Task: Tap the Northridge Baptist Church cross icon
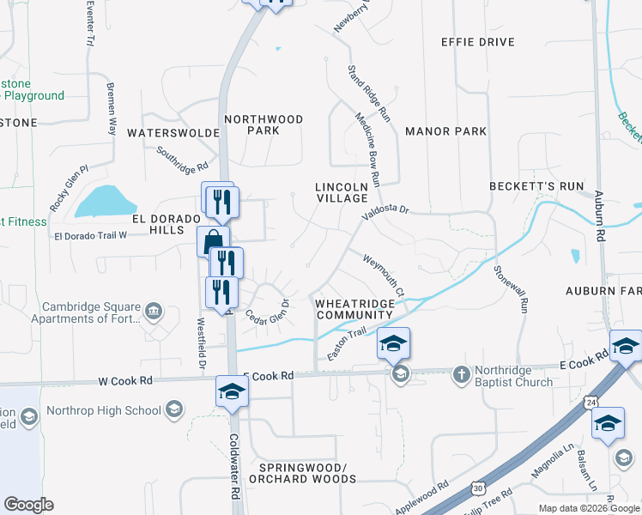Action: (x=461, y=374)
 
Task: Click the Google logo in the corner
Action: (x=28, y=505)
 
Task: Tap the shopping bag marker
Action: (x=212, y=241)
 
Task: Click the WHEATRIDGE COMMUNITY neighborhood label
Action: (x=354, y=309)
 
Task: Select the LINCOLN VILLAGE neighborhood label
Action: (x=341, y=192)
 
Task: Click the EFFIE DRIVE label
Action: (x=478, y=42)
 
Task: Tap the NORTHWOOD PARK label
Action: (x=263, y=124)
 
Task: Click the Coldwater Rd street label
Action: (x=233, y=464)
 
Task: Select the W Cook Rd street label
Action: (x=125, y=379)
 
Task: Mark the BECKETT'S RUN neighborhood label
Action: (x=536, y=186)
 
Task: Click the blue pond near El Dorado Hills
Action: (x=106, y=202)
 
